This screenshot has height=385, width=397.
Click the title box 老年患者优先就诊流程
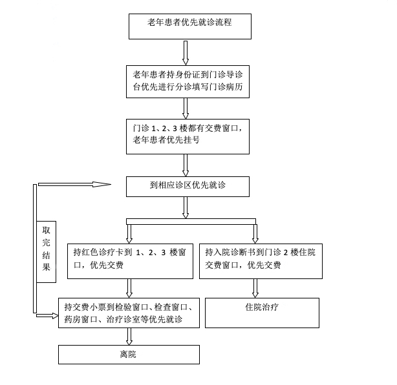(x=189, y=26)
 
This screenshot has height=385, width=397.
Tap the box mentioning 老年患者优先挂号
(x=187, y=135)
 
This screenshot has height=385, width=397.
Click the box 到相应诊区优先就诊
(x=187, y=186)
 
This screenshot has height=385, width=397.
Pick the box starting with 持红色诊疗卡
(x=130, y=260)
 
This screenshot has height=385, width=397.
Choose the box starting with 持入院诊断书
(x=261, y=260)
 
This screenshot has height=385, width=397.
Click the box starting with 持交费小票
(x=129, y=313)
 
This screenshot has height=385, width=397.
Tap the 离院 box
(x=129, y=355)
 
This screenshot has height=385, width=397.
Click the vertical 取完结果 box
(x=46, y=252)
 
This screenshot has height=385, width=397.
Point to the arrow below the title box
(x=186, y=52)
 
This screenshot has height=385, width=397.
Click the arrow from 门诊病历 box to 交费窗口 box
(x=186, y=107)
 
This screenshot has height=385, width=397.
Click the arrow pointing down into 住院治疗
(x=256, y=287)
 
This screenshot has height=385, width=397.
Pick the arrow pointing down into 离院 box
(x=130, y=336)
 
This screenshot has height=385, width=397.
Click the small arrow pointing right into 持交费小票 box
(x=47, y=315)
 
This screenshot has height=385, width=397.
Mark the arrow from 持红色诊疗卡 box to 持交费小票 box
(x=130, y=287)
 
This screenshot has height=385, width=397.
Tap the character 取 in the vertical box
(x=46, y=231)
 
